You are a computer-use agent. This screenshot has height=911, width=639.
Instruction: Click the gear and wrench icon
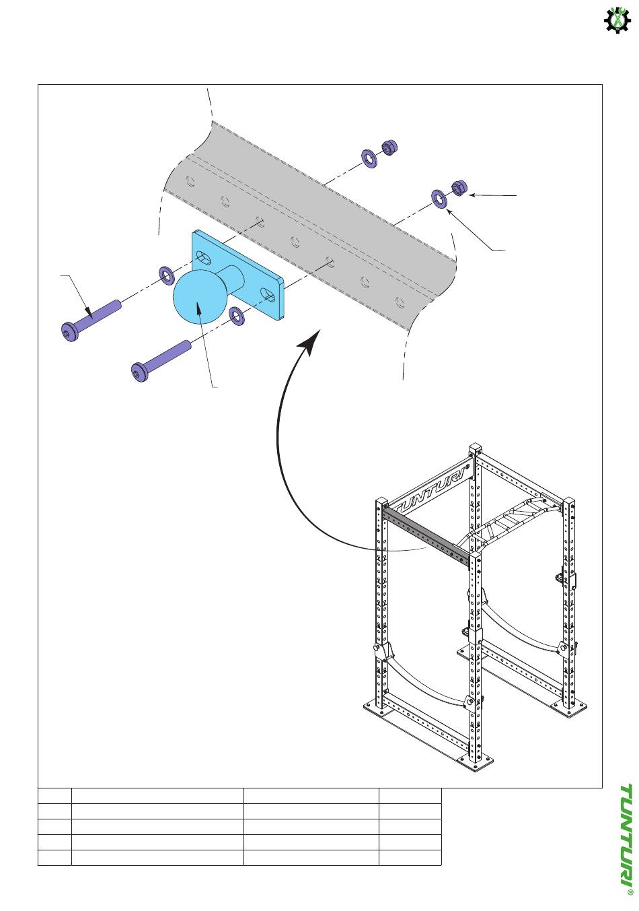click(617, 21)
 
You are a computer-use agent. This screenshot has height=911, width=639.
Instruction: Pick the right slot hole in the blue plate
click(268, 294)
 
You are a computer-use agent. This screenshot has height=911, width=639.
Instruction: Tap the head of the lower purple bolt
click(139, 372)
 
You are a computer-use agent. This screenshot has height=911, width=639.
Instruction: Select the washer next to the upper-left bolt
click(165, 276)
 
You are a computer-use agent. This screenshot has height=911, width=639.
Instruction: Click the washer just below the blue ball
click(236, 316)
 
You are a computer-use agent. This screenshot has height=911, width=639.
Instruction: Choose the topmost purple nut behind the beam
click(389, 147)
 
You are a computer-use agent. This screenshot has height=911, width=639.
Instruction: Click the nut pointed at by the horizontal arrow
click(460, 188)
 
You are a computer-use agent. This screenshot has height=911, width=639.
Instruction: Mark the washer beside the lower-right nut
click(439, 199)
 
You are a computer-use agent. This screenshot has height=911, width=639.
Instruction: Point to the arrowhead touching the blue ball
click(199, 310)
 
